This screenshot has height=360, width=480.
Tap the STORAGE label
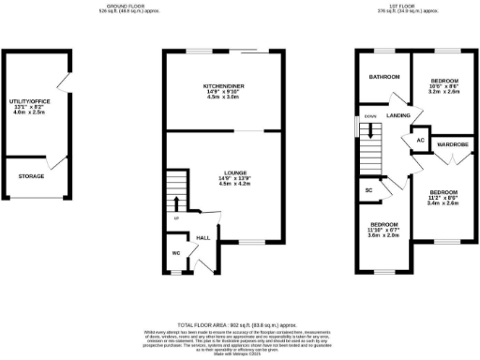(x=33, y=174)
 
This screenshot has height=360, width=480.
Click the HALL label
(x=202, y=238)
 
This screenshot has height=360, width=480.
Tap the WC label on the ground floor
(x=176, y=251)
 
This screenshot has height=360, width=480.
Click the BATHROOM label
(x=384, y=77)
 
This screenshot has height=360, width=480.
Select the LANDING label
(x=398, y=115)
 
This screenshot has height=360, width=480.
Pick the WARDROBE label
(x=452, y=144)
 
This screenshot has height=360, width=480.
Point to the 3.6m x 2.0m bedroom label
(x=384, y=226)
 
